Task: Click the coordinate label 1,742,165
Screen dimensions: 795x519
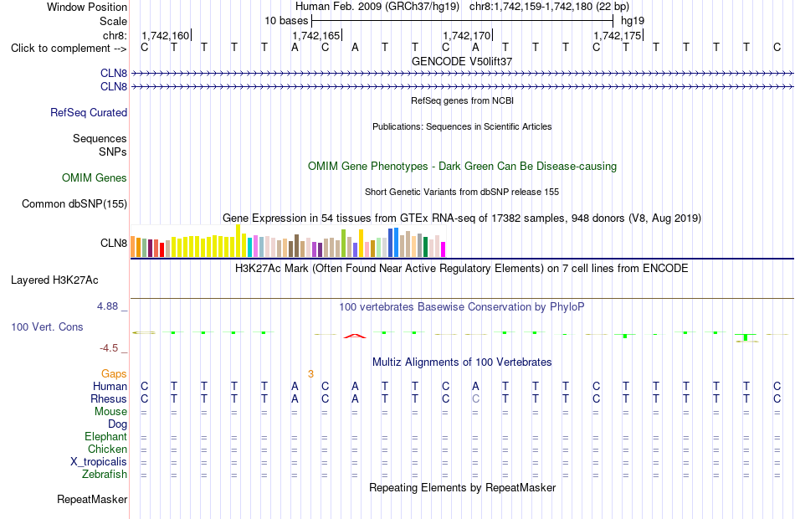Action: pyautogui.click(x=315, y=35)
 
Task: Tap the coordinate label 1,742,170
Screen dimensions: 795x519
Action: pyautogui.click(x=466, y=35)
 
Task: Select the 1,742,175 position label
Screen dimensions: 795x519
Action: pyautogui.click(x=617, y=35)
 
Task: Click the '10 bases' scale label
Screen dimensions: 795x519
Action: pyautogui.click(x=286, y=21)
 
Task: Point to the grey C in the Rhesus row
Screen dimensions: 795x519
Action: pyautogui.click(x=475, y=398)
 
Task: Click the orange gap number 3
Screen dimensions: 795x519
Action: pyautogui.click(x=310, y=374)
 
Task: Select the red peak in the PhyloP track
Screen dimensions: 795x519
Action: pyautogui.click(x=355, y=336)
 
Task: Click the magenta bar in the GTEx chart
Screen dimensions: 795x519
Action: pyautogui.click(x=444, y=249)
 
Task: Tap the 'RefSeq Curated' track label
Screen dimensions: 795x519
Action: pyautogui.click(x=89, y=113)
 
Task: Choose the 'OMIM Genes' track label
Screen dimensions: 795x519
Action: pyautogui.click(x=95, y=177)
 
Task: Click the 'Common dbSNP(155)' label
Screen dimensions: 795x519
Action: pyautogui.click(x=74, y=204)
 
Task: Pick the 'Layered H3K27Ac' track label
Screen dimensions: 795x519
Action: pyautogui.click(x=54, y=280)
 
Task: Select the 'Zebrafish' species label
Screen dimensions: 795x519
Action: pyautogui.click(x=105, y=475)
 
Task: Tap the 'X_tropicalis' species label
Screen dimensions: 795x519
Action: pyautogui.click(x=99, y=462)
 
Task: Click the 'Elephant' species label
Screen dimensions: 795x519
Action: pyautogui.click(x=106, y=437)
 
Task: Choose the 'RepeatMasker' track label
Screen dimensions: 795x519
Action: pyautogui.click(x=92, y=499)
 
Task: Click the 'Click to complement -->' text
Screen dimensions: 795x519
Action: pyautogui.click(x=69, y=49)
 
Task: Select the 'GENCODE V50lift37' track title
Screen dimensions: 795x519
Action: pyautogui.click(x=462, y=61)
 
